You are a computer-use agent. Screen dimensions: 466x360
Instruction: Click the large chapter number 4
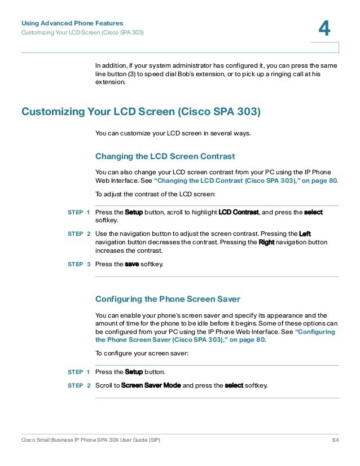[x=324, y=28]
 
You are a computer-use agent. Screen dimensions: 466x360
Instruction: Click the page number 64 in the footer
[x=335, y=439]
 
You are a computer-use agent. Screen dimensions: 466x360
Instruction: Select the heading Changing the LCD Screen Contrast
[x=165, y=156]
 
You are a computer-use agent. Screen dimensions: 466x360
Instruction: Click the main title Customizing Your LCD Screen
[x=141, y=112]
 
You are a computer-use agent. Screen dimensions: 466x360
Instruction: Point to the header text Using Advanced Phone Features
[x=72, y=23]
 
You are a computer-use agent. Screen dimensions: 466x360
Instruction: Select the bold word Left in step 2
[x=304, y=233]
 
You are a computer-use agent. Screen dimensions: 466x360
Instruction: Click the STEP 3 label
[x=78, y=263]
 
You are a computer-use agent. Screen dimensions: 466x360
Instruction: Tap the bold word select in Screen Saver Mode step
[x=234, y=385]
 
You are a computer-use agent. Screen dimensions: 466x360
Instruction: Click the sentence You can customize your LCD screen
[x=173, y=134]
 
